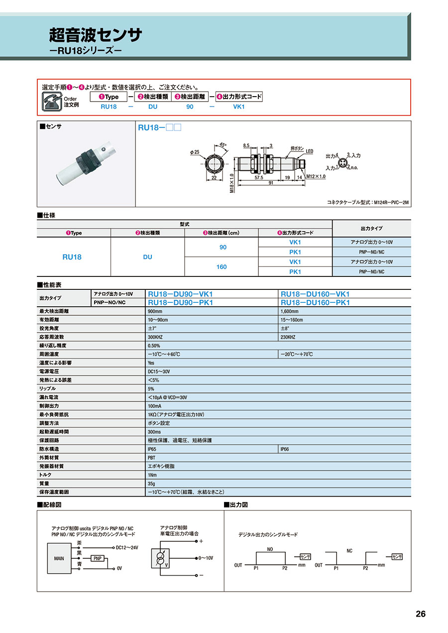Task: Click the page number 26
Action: click(x=421, y=614)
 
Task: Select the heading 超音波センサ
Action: click(x=96, y=35)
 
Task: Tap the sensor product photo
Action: click(x=86, y=165)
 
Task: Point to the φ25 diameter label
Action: click(x=195, y=151)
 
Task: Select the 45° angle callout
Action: click(x=223, y=145)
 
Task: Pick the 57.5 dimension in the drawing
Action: click(x=259, y=177)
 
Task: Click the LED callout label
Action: click(x=309, y=151)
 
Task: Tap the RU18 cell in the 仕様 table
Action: click(x=72, y=257)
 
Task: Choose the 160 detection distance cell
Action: click(x=222, y=267)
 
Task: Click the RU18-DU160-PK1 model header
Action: click(x=316, y=302)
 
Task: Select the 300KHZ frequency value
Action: click(x=156, y=337)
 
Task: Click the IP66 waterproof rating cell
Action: click(x=285, y=449)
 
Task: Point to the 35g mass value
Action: click(x=152, y=483)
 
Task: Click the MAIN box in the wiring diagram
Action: click(x=59, y=558)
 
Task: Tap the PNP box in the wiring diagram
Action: click(x=98, y=559)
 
